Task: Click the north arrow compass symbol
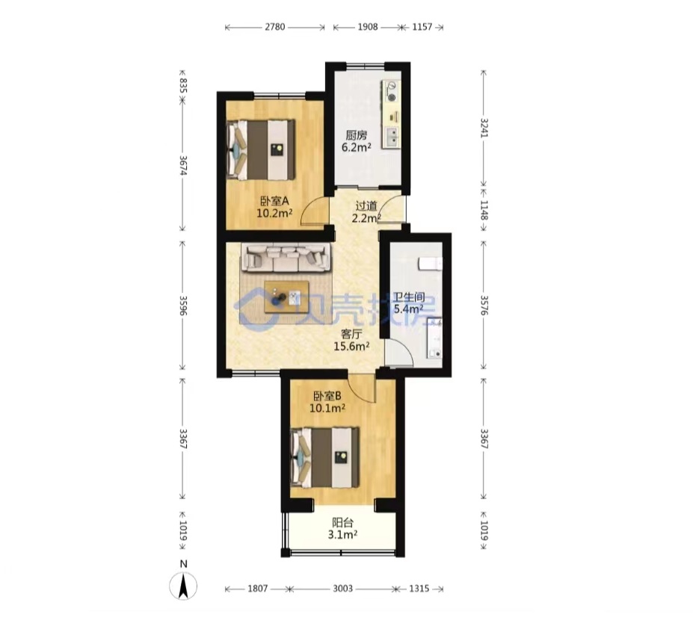pos(183,586)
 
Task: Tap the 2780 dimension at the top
pos(275,27)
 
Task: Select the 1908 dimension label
pos(368,27)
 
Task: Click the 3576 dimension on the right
pos(484,306)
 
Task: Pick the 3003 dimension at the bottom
pos(343,588)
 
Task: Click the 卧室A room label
pos(274,202)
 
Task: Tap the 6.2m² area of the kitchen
pos(356,147)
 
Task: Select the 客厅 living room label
pos(351,334)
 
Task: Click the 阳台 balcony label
pos(342,523)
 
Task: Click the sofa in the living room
pos(286,258)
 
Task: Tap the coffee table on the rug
pos(286,297)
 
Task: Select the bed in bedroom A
pos(261,149)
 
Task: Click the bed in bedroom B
pos(324,457)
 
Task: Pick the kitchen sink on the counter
pos(392,137)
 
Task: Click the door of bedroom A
pos(315,211)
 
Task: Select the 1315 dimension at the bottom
pos(419,588)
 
